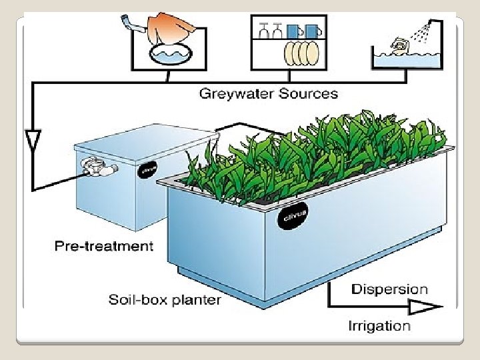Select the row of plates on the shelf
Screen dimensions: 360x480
pyautogui.click(x=300, y=52)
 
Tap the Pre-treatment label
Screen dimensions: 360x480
pyautogui.click(x=103, y=247)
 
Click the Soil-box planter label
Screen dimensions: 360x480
pyautogui.click(x=165, y=299)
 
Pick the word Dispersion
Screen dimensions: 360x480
pyautogui.click(x=389, y=289)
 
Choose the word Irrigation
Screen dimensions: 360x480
pyautogui.click(x=379, y=326)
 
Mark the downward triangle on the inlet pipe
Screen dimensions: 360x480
pyautogui.click(x=31, y=141)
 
